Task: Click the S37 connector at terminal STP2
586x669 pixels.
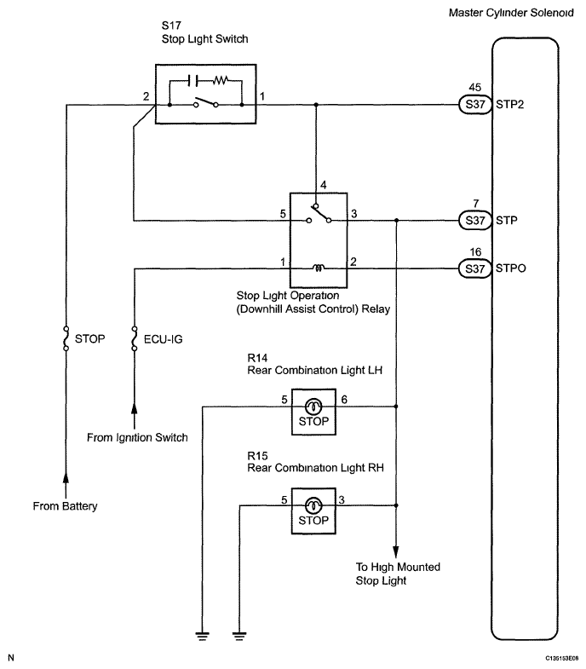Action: pyautogui.click(x=475, y=105)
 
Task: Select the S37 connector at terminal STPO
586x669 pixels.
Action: pyautogui.click(x=475, y=268)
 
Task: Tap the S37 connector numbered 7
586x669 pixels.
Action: pyautogui.click(x=475, y=221)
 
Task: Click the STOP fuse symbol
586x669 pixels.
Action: pyautogui.click(x=66, y=339)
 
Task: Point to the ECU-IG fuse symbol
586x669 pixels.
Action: pyautogui.click(x=135, y=339)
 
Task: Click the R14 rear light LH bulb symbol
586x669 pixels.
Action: pyautogui.click(x=314, y=407)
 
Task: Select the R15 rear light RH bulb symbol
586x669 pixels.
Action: pyautogui.click(x=314, y=505)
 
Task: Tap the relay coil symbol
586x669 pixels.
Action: pyautogui.click(x=319, y=268)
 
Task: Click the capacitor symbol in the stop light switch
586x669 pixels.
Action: pyautogui.click(x=192, y=80)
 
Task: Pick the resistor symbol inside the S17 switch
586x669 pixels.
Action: pyautogui.click(x=221, y=79)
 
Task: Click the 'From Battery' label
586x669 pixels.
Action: pyautogui.click(x=66, y=506)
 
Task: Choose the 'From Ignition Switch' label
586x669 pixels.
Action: pyautogui.click(x=137, y=437)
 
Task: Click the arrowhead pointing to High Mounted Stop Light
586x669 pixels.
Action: pyautogui.click(x=396, y=551)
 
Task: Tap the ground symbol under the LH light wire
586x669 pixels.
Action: pyautogui.click(x=203, y=637)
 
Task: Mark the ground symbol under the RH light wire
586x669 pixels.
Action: pyautogui.click(x=239, y=637)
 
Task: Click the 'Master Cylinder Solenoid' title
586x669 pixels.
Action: pyautogui.click(x=511, y=13)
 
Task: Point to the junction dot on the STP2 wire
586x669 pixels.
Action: pyautogui.click(x=316, y=105)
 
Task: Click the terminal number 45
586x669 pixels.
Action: pyautogui.click(x=474, y=88)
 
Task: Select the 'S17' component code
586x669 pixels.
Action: pyautogui.click(x=171, y=26)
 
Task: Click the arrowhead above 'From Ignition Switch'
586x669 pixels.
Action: pyautogui.click(x=135, y=409)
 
